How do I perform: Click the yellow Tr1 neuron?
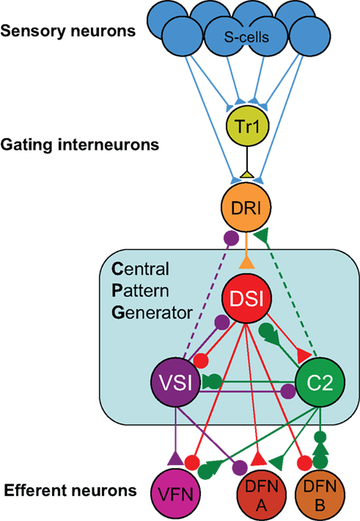(247, 125)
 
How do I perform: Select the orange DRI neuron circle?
(246, 207)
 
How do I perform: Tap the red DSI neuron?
(247, 299)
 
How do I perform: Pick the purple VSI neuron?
(176, 382)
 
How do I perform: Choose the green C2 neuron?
(320, 382)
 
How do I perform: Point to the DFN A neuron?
(262, 495)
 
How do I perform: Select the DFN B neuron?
(320, 495)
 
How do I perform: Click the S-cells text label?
(246, 37)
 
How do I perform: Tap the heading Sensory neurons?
(68, 31)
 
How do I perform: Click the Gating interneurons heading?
(80, 145)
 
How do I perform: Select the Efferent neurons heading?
(70, 490)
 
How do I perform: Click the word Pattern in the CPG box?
(141, 291)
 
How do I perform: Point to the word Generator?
(152, 313)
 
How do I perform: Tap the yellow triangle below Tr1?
(246, 174)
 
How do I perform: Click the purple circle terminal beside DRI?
(232, 238)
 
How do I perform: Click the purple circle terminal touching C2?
(288, 391)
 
